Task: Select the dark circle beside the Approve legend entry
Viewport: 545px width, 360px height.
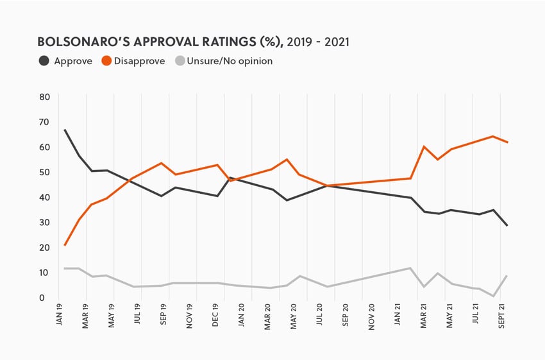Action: pyautogui.click(x=44, y=61)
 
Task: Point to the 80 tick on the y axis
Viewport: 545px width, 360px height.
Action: pyautogui.click(x=44, y=98)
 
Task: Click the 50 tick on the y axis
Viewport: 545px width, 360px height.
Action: pyautogui.click(x=44, y=173)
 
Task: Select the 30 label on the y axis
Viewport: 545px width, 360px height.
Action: pyautogui.click(x=44, y=223)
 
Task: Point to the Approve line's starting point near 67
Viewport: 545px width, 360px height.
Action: pyautogui.click(x=65, y=130)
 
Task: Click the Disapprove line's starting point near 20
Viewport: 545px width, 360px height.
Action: pyautogui.click(x=65, y=245)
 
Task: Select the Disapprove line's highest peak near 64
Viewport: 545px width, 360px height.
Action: pyautogui.click(x=492, y=136)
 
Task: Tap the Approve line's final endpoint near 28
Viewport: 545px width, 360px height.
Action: pyautogui.click(x=507, y=225)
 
